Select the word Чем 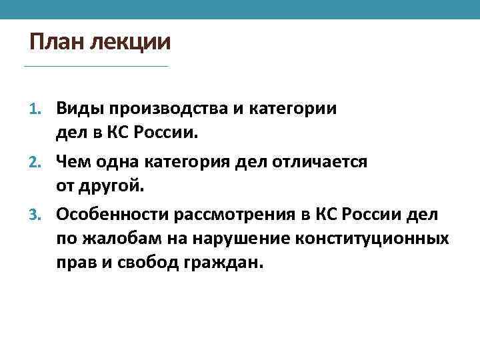pos(71,161)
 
